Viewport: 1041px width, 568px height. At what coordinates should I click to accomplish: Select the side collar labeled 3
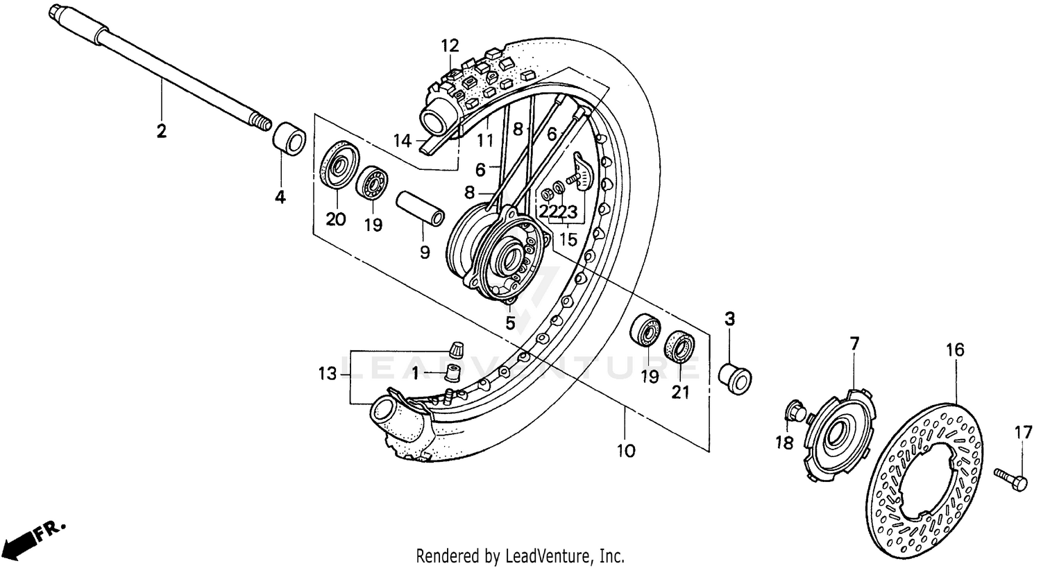tap(734, 377)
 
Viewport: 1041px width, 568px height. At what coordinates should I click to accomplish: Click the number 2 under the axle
tap(161, 131)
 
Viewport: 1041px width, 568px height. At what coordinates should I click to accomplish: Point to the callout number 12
tap(450, 46)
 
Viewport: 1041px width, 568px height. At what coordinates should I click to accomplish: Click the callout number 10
tap(625, 451)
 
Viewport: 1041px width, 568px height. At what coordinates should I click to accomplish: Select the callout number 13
tap(327, 375)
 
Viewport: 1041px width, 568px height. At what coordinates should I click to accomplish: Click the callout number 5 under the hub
tap(510, 322)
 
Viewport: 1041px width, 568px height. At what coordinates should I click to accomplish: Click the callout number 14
tap(403, 141)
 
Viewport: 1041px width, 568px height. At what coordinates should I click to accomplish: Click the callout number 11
tap(484, 141)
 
